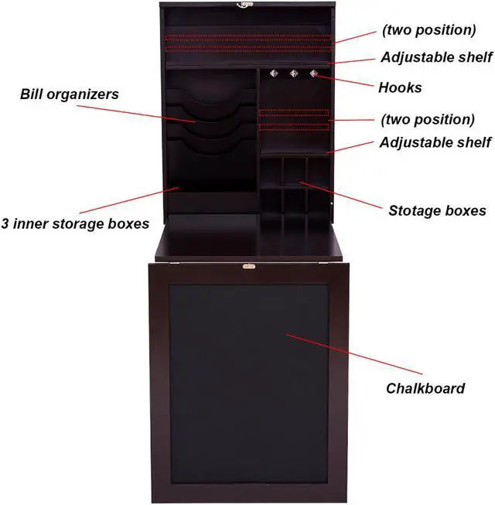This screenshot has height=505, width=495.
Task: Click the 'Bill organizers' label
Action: tap(69, 95)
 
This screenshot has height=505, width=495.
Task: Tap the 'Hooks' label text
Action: tap(400, 87)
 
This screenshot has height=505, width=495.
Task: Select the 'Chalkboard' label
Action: tap(425, 388)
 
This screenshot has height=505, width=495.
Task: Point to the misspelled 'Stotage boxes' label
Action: tap(437, 210)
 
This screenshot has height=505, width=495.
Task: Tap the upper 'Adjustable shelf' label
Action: tap(435, 57)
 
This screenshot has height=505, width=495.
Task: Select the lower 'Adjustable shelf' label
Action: tap(435, 142)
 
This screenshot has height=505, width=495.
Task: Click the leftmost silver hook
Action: tap(274, 74)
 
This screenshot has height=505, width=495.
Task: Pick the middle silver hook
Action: tap(294, 74)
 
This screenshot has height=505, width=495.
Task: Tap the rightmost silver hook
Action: tap(313, 74)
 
